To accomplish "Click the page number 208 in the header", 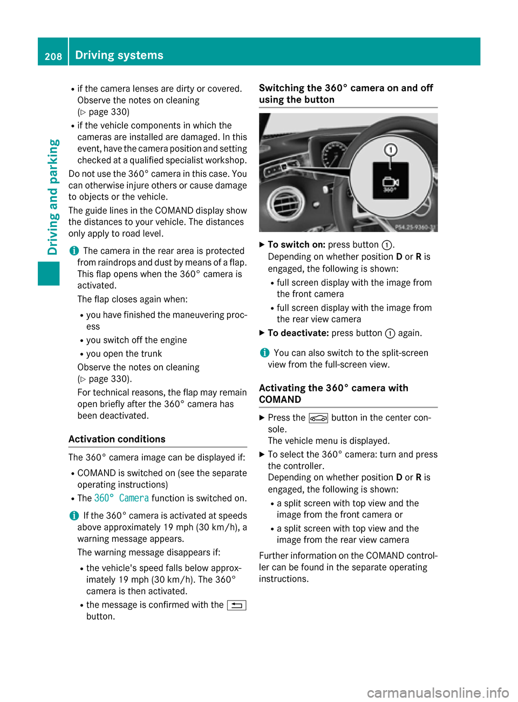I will tap(53, 56).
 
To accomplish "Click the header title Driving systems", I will tap(119, 55).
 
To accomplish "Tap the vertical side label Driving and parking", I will tap(53, 197).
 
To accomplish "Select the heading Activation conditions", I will tap(117, 439).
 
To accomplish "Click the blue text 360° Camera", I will tap(121, 498).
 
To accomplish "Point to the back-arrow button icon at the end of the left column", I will tap(236, 605).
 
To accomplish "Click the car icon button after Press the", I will tap(318, 418).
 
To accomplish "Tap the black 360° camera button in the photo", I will tap(391, 181).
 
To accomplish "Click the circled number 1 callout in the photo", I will tap(391, 149).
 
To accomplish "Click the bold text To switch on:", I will tap(296, 245).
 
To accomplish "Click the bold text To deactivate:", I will tap(298, 333).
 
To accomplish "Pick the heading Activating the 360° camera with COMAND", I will tap(333, 394).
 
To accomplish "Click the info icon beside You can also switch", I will tap(264, 353).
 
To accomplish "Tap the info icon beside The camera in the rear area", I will tap(73, 251).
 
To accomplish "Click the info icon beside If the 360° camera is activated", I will tap(73, 515).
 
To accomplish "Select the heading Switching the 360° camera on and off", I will tap(346, 94).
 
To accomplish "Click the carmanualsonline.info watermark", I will tap(438, 692).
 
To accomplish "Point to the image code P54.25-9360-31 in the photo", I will tap(415, 228).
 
